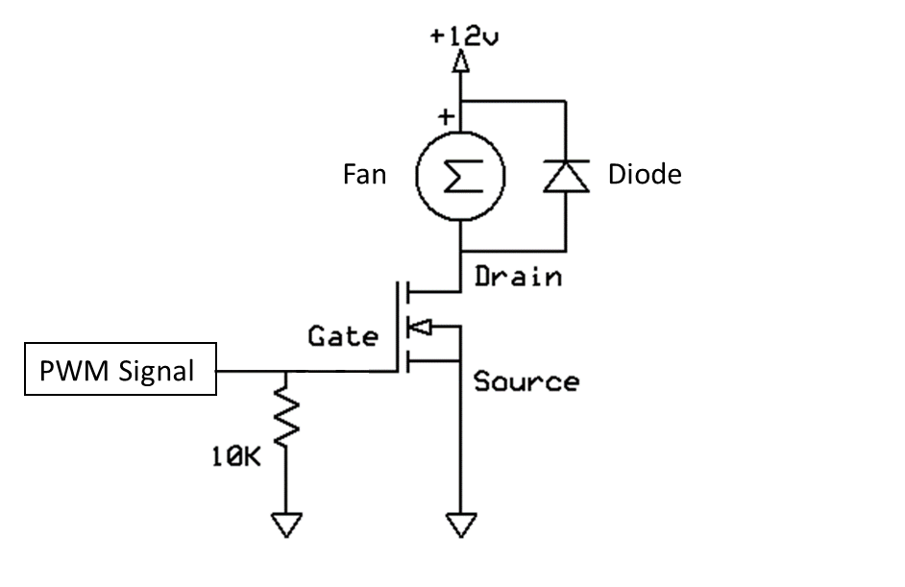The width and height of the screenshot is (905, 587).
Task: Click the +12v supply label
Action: click(x=466, y=37)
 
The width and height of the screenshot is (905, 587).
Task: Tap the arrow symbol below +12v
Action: click(x=460, y=64)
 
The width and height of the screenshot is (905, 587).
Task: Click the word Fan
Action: click(x=365, y=175)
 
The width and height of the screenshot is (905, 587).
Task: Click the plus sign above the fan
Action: click(x=445, y=117)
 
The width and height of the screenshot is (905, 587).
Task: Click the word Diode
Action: click(x=645, y=175)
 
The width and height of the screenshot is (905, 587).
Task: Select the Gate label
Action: click(x=342, y=337)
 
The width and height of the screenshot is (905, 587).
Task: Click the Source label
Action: click(x=526, y=381)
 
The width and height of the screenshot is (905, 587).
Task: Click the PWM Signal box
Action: click(x=120, y=370)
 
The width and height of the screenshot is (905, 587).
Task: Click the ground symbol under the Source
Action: click(x=460, y=525)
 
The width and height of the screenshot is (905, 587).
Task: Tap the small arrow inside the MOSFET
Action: click(x=420, y=329)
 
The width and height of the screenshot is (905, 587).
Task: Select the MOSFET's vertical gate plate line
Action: click(x=397, y=326)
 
